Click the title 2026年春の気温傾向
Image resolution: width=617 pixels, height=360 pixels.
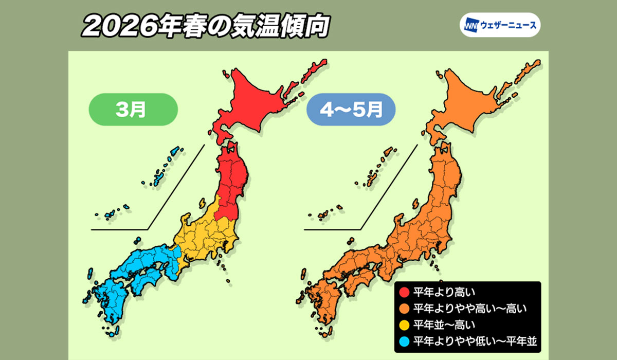205,27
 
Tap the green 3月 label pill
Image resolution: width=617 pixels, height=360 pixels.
133,110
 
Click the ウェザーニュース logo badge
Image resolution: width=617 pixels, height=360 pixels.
500,25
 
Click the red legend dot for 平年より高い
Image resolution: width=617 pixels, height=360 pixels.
405,293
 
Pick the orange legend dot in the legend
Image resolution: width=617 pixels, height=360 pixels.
405,309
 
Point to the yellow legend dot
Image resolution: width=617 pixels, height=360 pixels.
405,325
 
